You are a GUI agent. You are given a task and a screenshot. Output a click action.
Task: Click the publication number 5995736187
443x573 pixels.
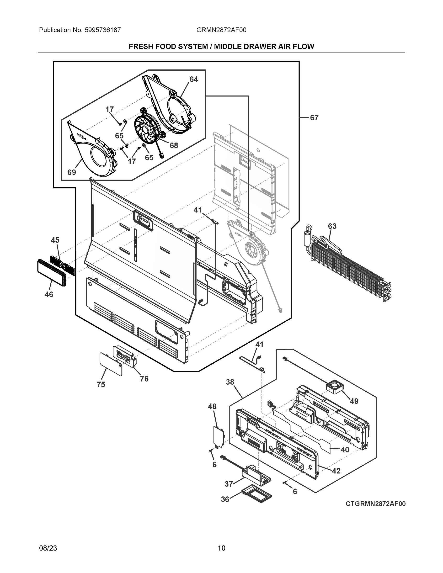pyautogui.click(x=103, y=30)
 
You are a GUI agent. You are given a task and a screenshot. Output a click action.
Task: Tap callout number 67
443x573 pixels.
pyautogui.click(x=314, y=118)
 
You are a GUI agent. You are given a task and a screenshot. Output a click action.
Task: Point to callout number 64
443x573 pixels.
pyautogui.click(x=194, y=79)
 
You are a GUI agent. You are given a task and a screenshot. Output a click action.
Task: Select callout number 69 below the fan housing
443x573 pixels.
pyautogui.click(x=72, y=172)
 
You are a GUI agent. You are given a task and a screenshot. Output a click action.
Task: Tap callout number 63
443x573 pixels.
pyautogui.click(x=332, y=226)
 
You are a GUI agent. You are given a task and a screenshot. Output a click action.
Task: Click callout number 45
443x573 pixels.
pyautogui.click(x=55, y=240)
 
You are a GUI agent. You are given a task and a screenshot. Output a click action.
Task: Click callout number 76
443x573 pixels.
pyautogui.click(x=144, y=379)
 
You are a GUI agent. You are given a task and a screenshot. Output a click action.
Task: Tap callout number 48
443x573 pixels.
pyautogui.click(x=212, y=406)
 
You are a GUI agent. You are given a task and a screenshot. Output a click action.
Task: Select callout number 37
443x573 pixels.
pyautogui.click(x=229, y=484)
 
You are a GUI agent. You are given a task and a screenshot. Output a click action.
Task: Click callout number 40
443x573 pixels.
pyautogui.click(x=345, y=450)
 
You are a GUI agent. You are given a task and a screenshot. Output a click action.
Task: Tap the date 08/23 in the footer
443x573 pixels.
pyautogui.click(x=48, y=548)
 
